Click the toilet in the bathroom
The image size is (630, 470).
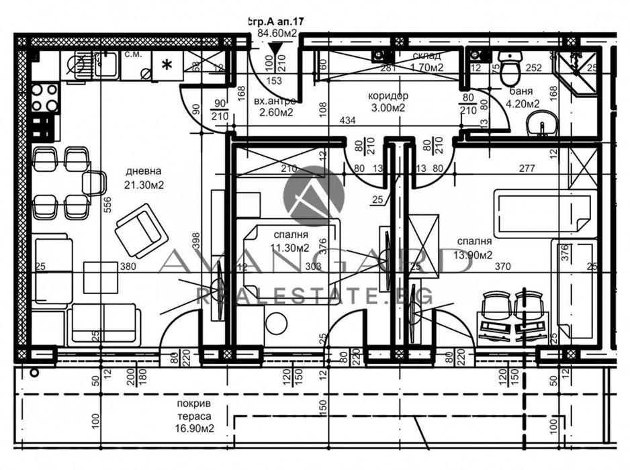click(510, 71)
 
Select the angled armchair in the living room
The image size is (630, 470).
click(141, 230)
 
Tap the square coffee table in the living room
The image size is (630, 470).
click(100, 277)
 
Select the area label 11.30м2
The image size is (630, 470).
click(289, 248)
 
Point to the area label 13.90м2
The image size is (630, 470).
click(474, 254)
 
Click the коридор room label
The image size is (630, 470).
click(388, 96)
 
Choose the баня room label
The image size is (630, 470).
click(521, 91)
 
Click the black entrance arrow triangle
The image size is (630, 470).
click(273, 49)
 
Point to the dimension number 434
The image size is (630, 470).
click(348, 120)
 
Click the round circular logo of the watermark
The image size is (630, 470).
click(314, 195)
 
